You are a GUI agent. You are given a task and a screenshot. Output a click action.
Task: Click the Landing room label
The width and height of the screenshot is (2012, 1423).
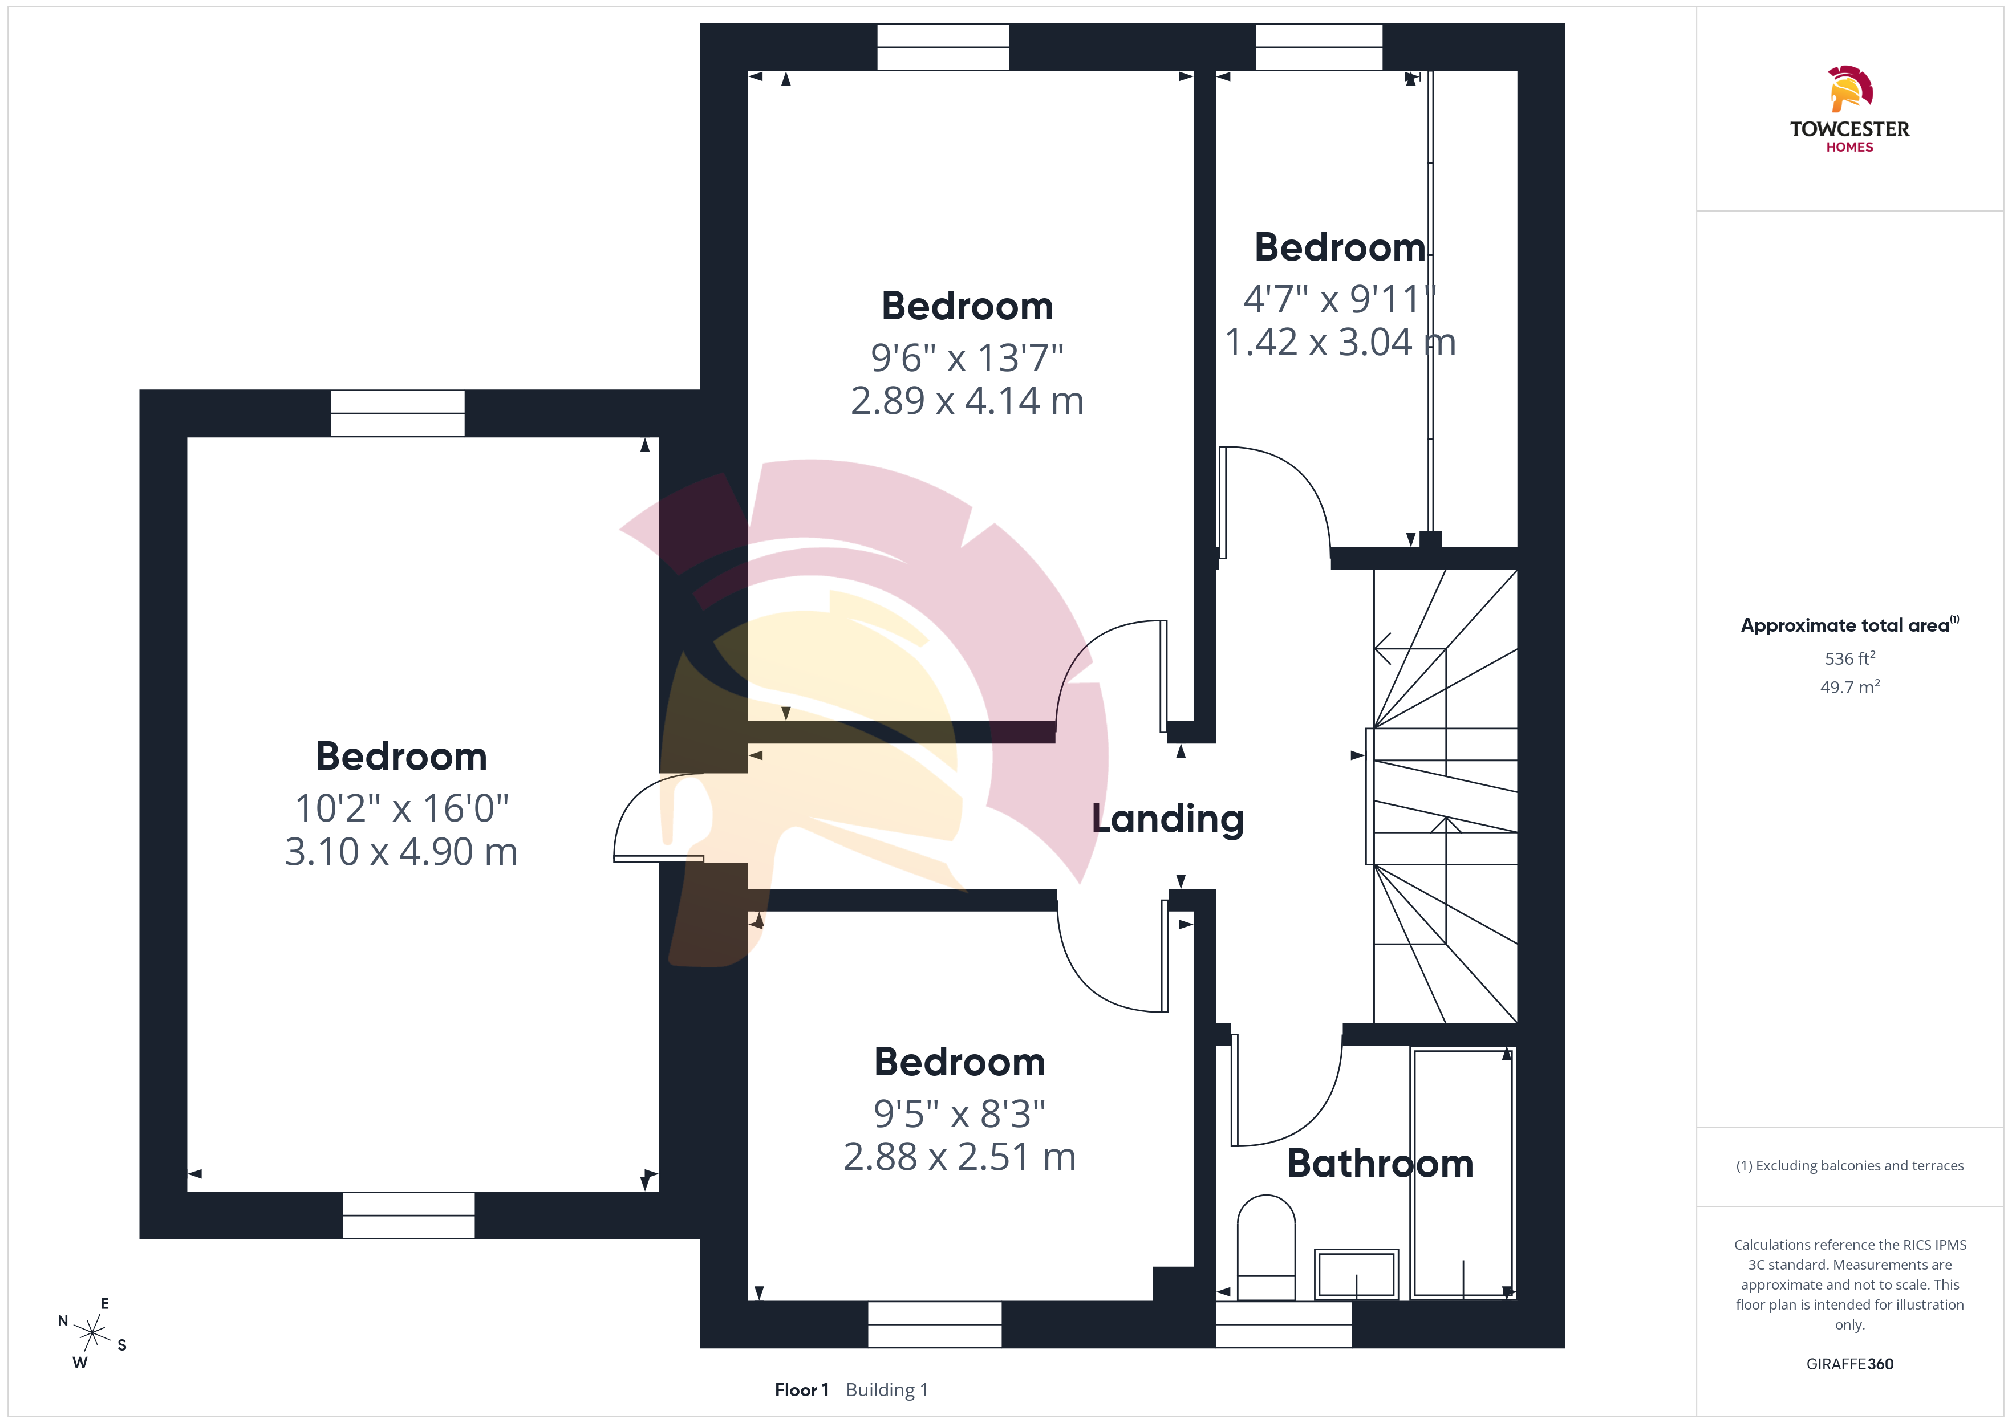point(1167,819)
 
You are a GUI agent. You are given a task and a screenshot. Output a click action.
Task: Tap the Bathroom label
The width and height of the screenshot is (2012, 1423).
point(1380,1164)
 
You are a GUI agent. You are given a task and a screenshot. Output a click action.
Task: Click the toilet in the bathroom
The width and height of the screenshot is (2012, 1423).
point(1265,1248)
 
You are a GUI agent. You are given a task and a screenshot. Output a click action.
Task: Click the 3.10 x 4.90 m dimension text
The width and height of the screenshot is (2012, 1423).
point(401,852)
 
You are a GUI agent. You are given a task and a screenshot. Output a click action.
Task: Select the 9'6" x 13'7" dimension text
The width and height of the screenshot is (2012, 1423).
point(967,357)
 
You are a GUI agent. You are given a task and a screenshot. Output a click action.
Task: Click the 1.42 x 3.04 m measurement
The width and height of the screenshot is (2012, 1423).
point(1340,341)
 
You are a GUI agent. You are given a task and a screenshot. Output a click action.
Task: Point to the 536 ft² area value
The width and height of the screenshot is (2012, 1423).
point(1850,658)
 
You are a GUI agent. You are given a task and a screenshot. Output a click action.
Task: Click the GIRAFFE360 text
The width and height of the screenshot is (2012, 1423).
point(1850,1364)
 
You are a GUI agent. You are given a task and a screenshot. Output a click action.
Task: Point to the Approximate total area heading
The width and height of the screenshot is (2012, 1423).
point(1850,625)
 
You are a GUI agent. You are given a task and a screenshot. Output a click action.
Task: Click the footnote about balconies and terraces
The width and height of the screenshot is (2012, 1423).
point(1850,1165)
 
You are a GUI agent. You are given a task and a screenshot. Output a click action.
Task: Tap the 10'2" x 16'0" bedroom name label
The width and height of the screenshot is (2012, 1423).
point(401,756)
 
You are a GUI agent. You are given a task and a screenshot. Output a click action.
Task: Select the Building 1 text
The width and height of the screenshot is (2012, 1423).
point(887,1391)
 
